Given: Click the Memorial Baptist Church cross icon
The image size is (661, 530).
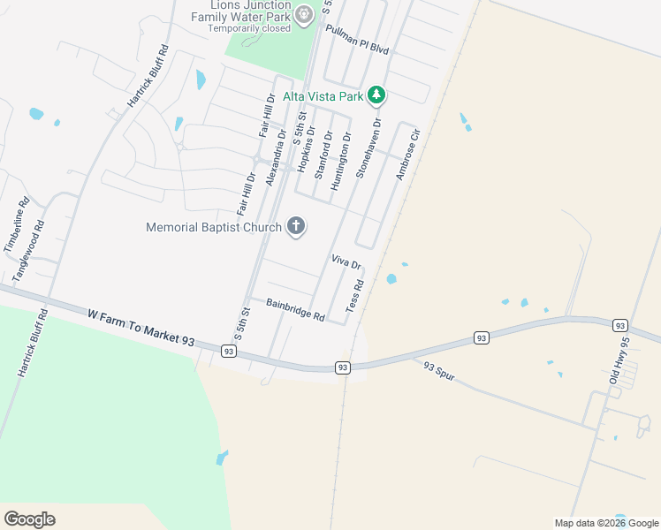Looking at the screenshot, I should [296, 227].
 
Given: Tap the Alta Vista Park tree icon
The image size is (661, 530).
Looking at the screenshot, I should [376, 95].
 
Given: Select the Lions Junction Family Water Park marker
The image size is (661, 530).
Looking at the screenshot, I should [304, 14].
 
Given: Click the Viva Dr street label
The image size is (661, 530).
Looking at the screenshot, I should [346, 262].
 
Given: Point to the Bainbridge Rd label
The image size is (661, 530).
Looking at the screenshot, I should [295, 309].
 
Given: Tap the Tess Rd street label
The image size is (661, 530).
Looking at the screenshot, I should [355, 295].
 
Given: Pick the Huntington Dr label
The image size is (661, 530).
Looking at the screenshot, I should [340, 161].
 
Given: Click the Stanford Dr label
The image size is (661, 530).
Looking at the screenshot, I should [323, 154].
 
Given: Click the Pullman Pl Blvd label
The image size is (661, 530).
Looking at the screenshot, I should [357, 40].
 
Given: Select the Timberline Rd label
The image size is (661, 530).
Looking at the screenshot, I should [17, 225].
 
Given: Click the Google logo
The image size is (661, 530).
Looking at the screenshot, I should [29, 519].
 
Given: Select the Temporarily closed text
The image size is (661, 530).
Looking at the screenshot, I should [248, 27].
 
